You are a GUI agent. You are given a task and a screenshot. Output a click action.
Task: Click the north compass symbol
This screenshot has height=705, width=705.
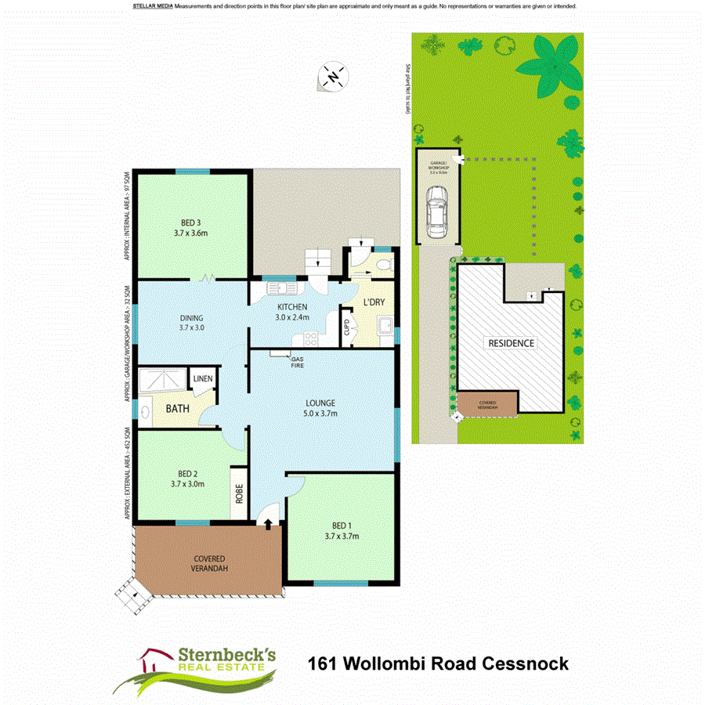(334, 77)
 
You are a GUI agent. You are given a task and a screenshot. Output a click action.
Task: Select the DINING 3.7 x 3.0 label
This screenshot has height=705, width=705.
(191, 323)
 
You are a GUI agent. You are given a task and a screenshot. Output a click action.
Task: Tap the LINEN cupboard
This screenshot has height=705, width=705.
(204, 380)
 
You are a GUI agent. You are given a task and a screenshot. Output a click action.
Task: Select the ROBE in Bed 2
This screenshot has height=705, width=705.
(239, 494)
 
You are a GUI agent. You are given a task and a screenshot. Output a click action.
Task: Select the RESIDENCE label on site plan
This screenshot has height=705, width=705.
(512, 343)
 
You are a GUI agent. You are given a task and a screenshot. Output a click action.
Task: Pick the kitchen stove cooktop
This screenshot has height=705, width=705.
(310, 338)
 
